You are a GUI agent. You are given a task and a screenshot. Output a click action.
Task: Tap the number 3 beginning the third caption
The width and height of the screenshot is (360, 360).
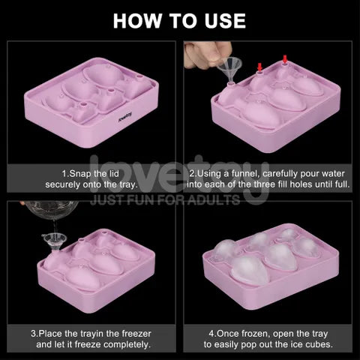click(33, 333)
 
